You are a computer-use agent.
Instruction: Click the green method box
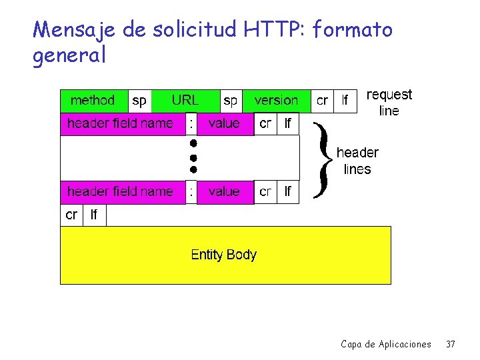pyautogui.click(x=93, y=101)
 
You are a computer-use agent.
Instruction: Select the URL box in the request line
pyautogui.click(x=185, y=101)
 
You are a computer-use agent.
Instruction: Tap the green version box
pyautogui.click(x=276, y=101)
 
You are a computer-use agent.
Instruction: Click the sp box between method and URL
pyautogui.click(x=139, y=101)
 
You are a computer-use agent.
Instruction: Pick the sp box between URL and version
pyautogui.click(x=230, y=101)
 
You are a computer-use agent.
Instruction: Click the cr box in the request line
pyautogui.click(x=322, y=101)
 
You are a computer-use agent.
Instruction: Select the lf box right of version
pyautogui.click(x=345, y=101)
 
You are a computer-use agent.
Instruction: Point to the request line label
pyautogui.click(x=389, y=103)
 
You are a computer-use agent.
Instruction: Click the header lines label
pyautogui.click(x=357, y=161)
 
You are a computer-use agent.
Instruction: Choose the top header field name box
pyautogui.click(x=120, y=123)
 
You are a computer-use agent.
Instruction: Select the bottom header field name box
pyautogui.click(x=120, y=192)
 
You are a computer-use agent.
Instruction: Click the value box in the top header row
pyautogui.click(x=224, y=123)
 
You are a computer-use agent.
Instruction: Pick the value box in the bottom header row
pyautogui.click(x=224, y=192)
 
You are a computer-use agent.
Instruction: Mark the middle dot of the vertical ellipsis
pyautogui.click(x=192, y=157)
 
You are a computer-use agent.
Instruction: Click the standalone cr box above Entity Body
pyautogui.click(x=71, y=215)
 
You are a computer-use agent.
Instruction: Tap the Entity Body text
pyautogui.click(x=223, y=255)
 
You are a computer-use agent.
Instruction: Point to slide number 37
pyautogui.click(x=451, y=344)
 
